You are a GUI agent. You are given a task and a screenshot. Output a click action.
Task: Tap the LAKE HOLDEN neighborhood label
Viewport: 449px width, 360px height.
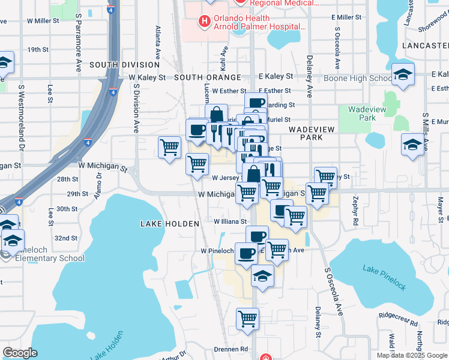pyautogui.click(x=169, y=224)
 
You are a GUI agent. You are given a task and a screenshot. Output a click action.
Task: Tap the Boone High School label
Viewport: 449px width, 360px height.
pyautogui.click(x=358, y=78)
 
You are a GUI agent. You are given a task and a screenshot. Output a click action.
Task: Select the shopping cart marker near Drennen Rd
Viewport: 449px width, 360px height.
pyautogui.click(x=247, y=319)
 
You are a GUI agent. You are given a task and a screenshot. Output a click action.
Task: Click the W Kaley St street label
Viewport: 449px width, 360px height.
pyautogui.click(x=147, y=77)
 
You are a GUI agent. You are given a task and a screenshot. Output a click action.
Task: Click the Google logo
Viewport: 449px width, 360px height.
pyautogui.click(x=20, y=352)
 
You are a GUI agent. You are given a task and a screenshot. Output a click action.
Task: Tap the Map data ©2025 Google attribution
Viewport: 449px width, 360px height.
pyautogui.click(x=412, y=355)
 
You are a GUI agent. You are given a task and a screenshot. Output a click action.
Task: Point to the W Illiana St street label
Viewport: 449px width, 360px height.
pyautogui.click(x=231, y=221)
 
